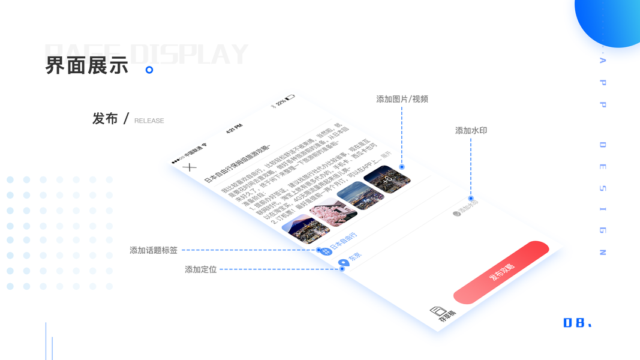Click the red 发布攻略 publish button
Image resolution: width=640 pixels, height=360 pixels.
501,272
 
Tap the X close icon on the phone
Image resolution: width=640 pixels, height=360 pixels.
189,167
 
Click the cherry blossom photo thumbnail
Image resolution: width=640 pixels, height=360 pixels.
333,212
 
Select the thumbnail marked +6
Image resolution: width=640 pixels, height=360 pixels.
387,179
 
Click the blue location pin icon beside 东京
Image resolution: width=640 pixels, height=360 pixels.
344,263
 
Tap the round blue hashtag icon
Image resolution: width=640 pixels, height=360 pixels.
327,251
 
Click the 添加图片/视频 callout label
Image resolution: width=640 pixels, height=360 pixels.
402,99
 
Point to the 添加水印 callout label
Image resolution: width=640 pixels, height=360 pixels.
471,130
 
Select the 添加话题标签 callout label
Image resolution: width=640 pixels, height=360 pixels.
154,250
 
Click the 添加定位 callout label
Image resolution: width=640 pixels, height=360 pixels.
201,270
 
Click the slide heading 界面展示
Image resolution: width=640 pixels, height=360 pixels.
87,65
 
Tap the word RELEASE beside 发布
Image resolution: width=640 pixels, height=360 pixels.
149,121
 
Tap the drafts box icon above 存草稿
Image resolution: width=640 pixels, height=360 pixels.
439,311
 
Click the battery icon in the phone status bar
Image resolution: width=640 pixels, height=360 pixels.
290,97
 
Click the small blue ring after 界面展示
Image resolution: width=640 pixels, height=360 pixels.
149,70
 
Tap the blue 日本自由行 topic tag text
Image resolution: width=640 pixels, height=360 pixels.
344,241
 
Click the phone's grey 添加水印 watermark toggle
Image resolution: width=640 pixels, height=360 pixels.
465,208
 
